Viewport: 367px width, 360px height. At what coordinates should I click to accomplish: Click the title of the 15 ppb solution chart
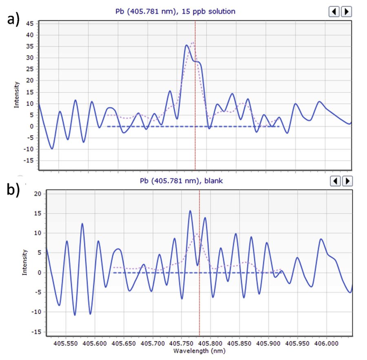[175, 11]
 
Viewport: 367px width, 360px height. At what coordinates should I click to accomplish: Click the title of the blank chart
[181, 181]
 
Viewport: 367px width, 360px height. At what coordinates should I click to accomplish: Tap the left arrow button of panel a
[334, 11]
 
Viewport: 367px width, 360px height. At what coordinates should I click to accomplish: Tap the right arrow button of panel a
[346, 11]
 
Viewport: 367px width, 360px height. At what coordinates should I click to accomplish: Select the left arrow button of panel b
[335, 181]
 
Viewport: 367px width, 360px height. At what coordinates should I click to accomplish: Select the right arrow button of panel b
[347, 181]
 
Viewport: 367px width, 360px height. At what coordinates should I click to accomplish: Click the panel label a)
[13, 19]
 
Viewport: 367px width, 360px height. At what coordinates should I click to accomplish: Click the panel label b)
[13, 189]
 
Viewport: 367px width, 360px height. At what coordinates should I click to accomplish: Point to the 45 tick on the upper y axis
[30, 24]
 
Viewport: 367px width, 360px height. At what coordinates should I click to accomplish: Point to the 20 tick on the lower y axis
[38, 194]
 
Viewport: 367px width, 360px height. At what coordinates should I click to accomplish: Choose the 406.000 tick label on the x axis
[327, 343]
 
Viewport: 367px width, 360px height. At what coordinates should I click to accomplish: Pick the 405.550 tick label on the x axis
[66, 343]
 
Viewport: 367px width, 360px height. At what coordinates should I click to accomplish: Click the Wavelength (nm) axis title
[199, 351]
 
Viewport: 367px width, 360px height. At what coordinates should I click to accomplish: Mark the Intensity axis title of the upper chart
[16, 94]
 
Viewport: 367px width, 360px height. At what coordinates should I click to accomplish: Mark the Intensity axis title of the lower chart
[24, 262]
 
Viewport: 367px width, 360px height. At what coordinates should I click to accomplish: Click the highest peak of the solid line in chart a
[186, 45]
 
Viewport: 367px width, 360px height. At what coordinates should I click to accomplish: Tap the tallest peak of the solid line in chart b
[190, 211]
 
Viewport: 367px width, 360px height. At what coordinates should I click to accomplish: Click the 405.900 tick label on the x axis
[268, 343]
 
